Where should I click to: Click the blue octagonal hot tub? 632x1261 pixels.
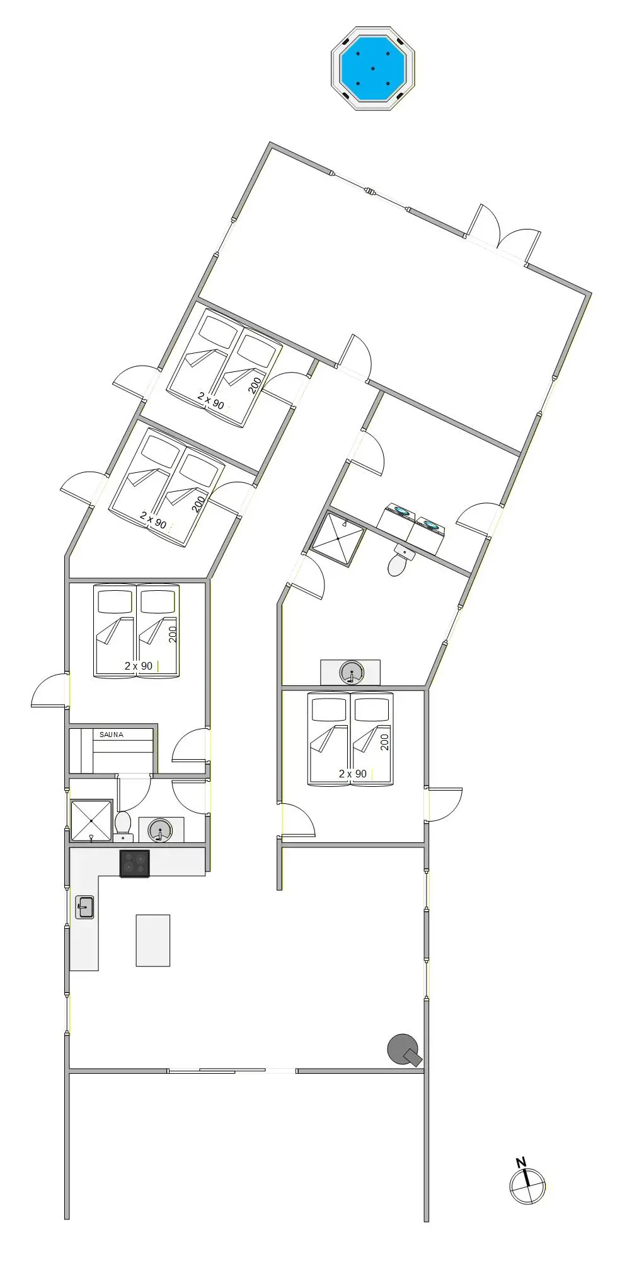[x=372, y=68]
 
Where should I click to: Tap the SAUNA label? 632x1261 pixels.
[x=112, y=735]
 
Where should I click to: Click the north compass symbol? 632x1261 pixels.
[x=527, y=1186]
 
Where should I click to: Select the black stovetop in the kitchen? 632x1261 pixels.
[x=135, y=863]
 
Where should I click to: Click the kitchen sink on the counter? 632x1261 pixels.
[x=84, y=907]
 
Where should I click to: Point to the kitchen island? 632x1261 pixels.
[x=153, y=940]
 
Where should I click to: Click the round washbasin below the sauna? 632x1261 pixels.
[x=160, y=830]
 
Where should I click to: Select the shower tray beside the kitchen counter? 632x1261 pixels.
[x=91, y=820]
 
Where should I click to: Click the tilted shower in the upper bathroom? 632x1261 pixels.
[x=338, y=538]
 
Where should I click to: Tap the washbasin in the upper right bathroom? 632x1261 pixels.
[x=351, y=671]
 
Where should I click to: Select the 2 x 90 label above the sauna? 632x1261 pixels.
[x=139, y=666]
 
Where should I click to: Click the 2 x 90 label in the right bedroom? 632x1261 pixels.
[x=353, y=774]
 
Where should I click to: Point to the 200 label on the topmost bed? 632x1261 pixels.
[x=255, y=385]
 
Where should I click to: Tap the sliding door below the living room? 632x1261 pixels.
[x=233, y=1070]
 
